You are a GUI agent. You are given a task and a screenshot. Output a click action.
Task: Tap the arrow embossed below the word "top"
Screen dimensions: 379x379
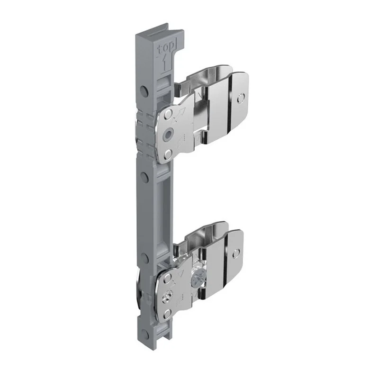165,63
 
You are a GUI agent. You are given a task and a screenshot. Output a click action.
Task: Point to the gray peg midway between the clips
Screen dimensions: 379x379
144,177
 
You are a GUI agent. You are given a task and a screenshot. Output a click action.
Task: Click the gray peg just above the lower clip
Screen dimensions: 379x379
144,257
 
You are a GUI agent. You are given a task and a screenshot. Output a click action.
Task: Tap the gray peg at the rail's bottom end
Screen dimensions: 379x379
145,333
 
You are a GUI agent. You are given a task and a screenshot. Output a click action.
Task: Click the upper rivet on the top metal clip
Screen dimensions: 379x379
168,114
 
